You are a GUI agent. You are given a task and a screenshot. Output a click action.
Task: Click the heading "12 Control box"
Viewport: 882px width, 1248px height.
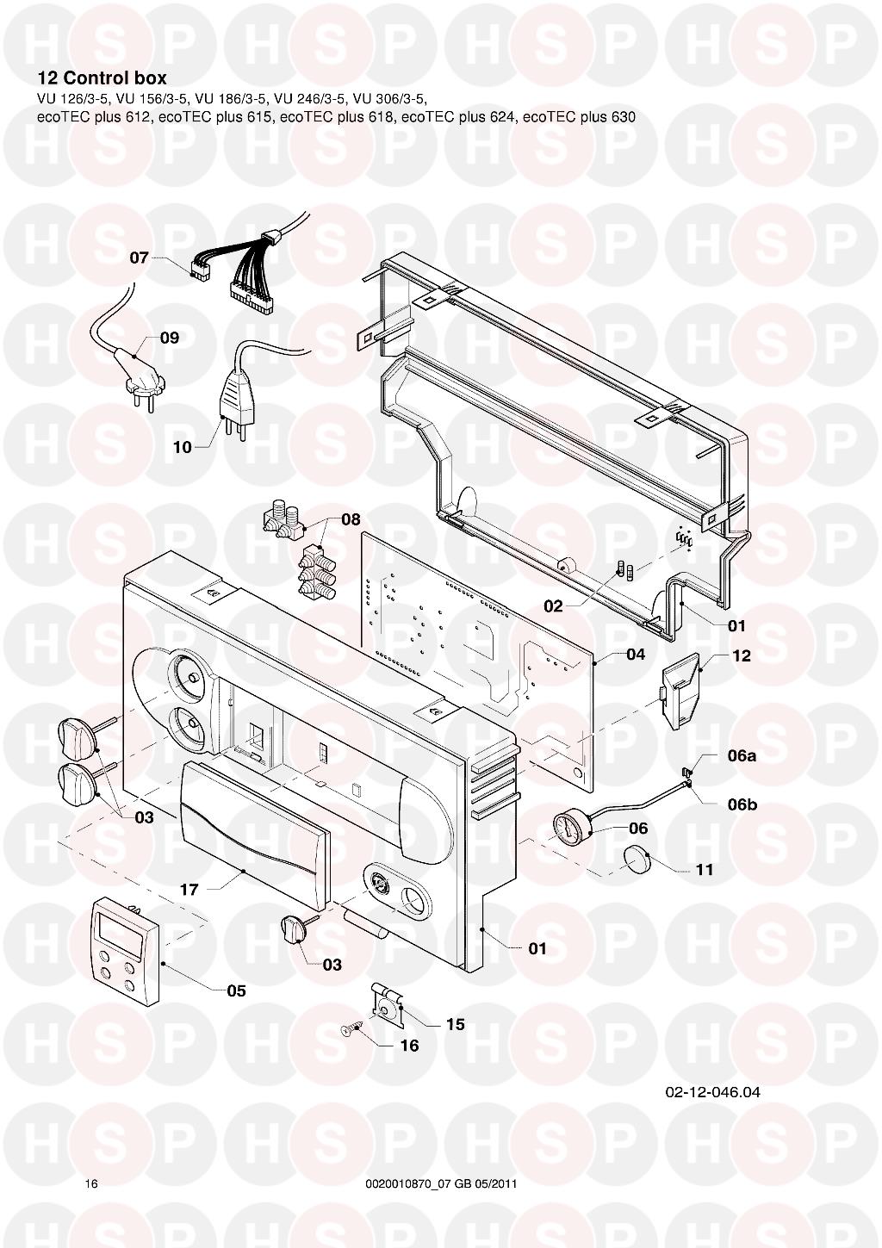click(102, 78)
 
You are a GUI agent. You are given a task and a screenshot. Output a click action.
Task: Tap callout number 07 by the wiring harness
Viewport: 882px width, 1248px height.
click(140, 258)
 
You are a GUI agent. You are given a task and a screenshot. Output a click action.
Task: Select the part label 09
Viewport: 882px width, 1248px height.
click(170, 338)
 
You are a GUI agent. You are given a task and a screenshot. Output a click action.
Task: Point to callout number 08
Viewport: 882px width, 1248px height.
click(351, 520)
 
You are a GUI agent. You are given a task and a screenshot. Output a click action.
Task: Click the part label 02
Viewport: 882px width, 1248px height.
click(553, 606)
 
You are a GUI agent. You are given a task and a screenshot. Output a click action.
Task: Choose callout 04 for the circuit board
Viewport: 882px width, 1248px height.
click(636, 654)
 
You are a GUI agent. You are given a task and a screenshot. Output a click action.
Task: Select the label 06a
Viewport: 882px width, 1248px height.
click(742, 756)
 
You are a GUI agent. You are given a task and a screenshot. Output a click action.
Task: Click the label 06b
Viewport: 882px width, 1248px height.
click(742, 804)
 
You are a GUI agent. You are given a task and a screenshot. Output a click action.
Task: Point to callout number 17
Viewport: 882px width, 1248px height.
click(189, 890)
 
